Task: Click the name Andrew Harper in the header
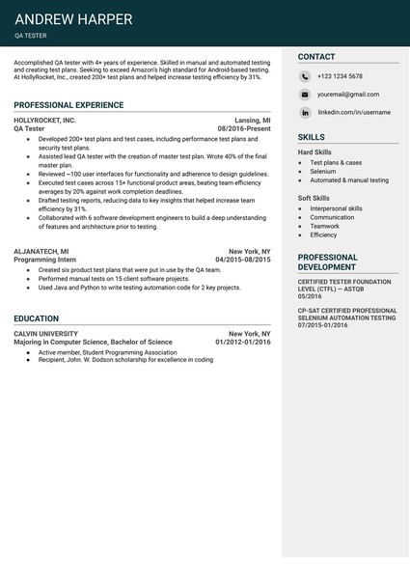pos(73,19)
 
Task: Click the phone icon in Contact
pos(304,76)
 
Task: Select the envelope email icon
pos(304,95)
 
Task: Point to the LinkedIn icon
pos(304,112)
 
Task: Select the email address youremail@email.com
pos(348,95)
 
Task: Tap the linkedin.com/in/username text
pos(354,112)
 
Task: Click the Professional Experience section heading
pos(68,104)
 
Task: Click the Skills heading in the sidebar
pos(311,137)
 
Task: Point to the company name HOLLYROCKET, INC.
pos(44,120)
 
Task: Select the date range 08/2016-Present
pos(244,128)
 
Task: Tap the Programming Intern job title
pos(45,260)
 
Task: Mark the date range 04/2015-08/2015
pos(242,260)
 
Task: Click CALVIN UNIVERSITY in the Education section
pos(45,333)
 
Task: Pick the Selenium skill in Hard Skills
pos(322,172)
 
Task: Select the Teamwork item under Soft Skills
pos(324,226)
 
